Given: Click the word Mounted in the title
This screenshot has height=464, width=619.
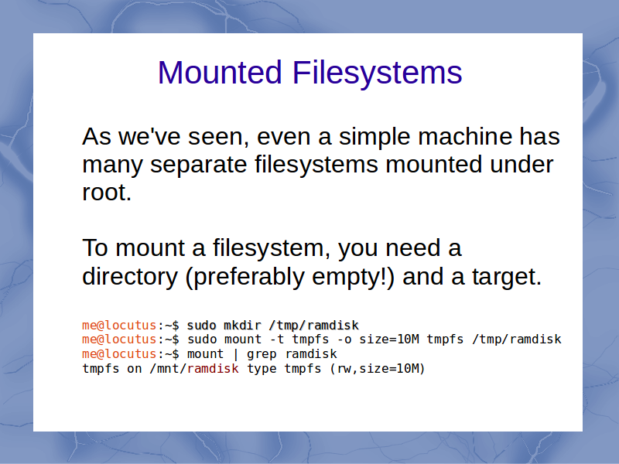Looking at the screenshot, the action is click(x=220, y=72).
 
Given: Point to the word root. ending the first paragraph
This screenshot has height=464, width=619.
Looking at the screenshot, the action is click(x=107, y=193).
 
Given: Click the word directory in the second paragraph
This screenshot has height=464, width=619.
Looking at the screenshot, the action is click(x=130, y=277).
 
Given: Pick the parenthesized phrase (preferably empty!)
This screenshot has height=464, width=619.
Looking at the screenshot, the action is click(x=289, y=277).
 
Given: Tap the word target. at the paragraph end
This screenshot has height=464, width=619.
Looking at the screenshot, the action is click(x=507, y=277).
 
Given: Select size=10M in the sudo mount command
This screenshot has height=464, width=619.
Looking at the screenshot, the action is click(x=389, y=339).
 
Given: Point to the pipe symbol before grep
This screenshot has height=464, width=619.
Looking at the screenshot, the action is click(x=236, y=354).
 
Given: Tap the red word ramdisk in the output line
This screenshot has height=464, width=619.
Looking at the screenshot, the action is click(x=213, y=369).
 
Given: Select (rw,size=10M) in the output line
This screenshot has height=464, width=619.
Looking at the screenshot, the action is click(x=378, y=369).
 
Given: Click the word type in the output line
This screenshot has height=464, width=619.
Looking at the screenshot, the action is click(x=262, y=370).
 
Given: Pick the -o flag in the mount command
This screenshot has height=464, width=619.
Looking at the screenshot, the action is click(x=344, y=339).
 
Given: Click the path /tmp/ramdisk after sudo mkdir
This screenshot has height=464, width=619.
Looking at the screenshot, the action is click(x=314, y=325).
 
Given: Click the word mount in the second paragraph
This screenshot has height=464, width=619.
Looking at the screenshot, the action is click(x=150, y=248).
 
